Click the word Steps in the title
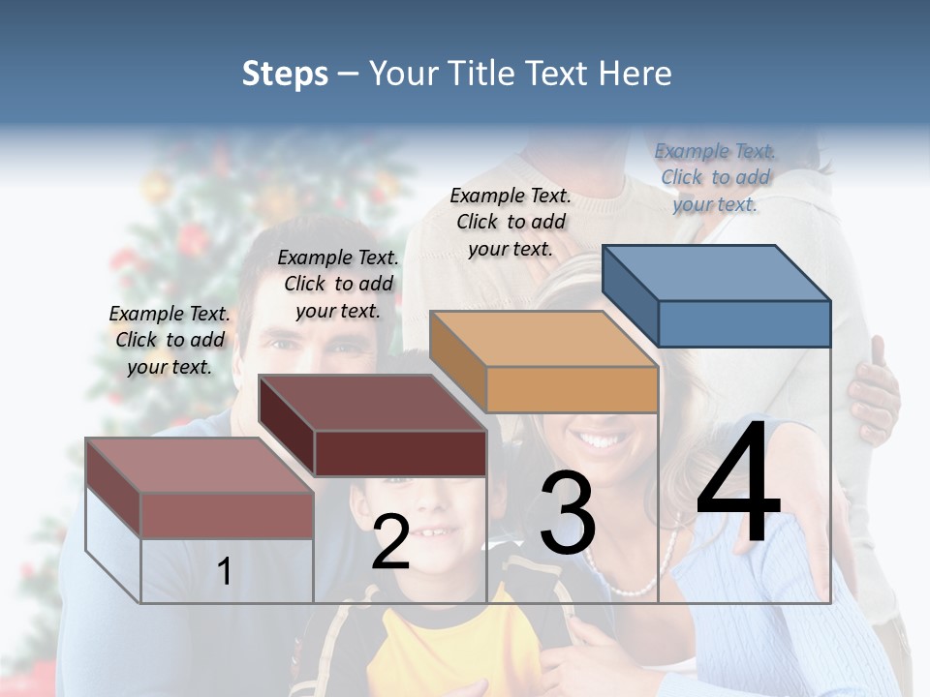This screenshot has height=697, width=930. click(x=285, y=74)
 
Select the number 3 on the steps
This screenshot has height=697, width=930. click(x=567, y=513)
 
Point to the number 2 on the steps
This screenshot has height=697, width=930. click(x=390, y=542)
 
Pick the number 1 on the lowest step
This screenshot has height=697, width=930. click(x=225, y=571)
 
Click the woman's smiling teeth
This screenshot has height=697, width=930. click(x=604, y=441)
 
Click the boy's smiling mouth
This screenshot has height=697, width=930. click(x=441, y=532)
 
